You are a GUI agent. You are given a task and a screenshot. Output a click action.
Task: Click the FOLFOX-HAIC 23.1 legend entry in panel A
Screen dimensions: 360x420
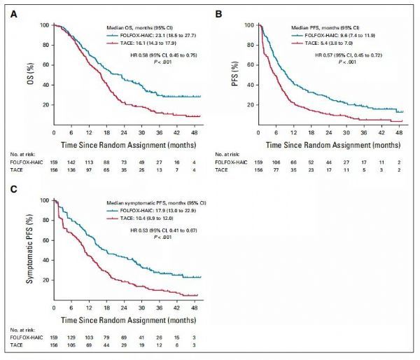coord(146,33)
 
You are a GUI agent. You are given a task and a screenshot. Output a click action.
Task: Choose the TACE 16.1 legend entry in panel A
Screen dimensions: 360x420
coord(138,41)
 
